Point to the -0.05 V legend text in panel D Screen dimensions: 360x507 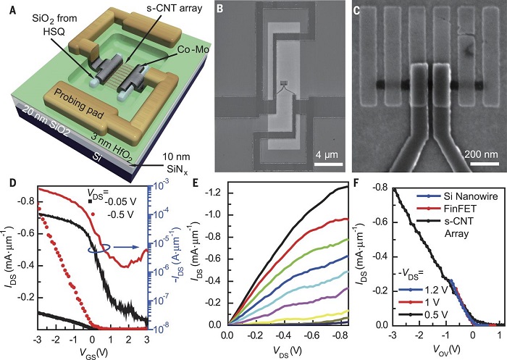[x=113, y=202]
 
